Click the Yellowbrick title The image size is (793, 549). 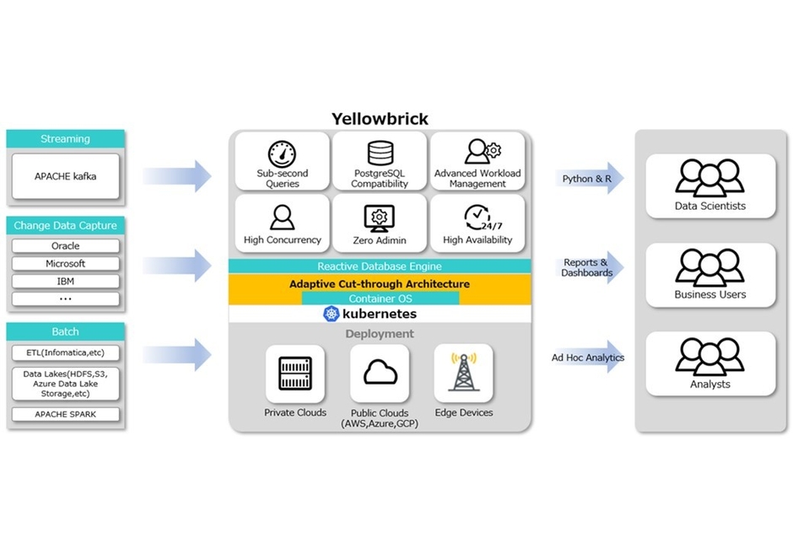[x=380, y=119]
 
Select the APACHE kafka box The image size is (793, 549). [x=66, y=176]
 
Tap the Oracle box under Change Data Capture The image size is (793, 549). [x=66, y=246]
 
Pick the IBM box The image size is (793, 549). [x=66, y=281]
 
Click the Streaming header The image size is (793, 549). [x=66, y=139]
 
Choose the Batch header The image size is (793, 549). [x=66, y=331]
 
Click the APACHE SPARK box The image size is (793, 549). [x=66, y=415]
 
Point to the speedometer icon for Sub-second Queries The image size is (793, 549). [x=283, y=153]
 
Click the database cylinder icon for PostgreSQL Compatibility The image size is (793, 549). [x=380, y=153]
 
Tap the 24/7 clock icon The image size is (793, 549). [x=477, y=218]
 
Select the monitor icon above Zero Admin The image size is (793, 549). [x=380, y=218]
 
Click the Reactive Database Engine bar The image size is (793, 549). [x=380, y=266]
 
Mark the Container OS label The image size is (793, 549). [x=380, y=299]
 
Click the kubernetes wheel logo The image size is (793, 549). [x=331, y=314]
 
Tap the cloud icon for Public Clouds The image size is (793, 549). [x=380, y=373]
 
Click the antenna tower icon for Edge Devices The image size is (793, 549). [x=463, y=373]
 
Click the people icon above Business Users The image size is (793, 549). [x=709, y=266]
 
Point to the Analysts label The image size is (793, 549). [x=709, y=385]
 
